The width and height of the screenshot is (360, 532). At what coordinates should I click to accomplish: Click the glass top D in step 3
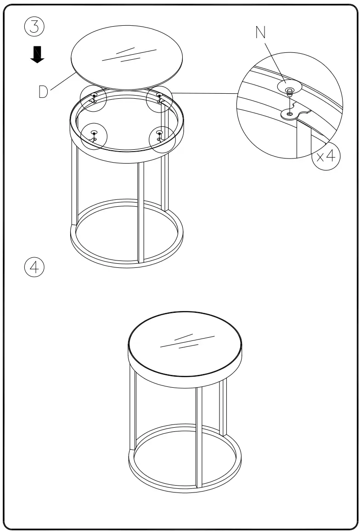point(126,60)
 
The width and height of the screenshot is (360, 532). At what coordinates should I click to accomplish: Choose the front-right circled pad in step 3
point(159,136)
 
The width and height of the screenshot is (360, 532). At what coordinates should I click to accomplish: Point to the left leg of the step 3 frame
point(74,184)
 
